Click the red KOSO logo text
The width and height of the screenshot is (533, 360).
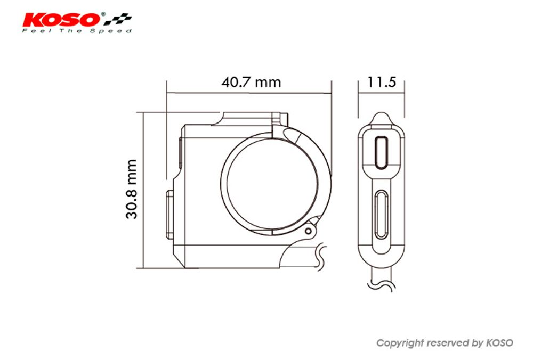62,20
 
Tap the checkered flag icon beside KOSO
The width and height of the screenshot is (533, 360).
118,19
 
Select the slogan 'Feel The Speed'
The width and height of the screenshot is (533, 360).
77,31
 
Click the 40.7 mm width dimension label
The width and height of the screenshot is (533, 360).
251,82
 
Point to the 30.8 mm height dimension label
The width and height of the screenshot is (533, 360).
132,189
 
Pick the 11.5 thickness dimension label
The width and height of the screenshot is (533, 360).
382,82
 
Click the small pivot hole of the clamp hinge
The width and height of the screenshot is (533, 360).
308,231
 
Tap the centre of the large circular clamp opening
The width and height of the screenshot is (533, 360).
272,184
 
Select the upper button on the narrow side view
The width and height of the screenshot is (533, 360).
382,152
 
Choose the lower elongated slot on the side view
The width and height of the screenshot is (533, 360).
381,214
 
